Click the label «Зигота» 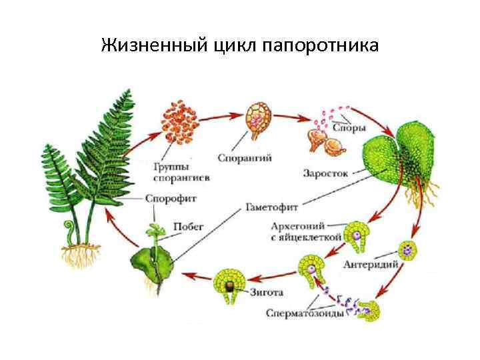[x=269, y=292]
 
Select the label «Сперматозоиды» [x=305, y=312]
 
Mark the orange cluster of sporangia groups [x=181, y=123]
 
